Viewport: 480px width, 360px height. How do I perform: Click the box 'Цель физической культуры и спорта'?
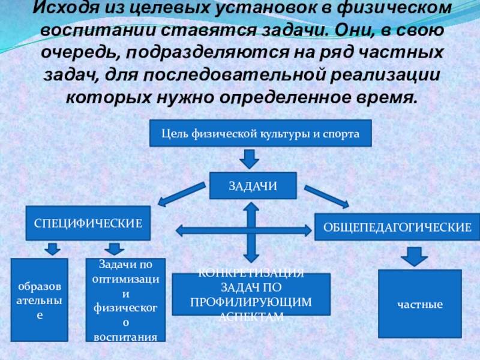point(260,133)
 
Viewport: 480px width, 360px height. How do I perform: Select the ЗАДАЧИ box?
point(253,186)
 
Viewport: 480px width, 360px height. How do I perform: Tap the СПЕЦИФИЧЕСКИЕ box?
point(88,223)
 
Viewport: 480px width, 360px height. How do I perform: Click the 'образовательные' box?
point(40,299)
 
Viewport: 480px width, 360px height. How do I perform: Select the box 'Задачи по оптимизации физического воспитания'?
point(122,300)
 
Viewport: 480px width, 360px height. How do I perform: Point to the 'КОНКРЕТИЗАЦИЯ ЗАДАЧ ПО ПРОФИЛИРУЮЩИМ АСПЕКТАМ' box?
point(251,295)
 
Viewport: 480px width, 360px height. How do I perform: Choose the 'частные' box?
point(419,304)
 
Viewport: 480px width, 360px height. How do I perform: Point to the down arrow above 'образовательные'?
point(53,248)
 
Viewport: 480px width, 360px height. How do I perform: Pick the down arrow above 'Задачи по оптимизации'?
point(113,248)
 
